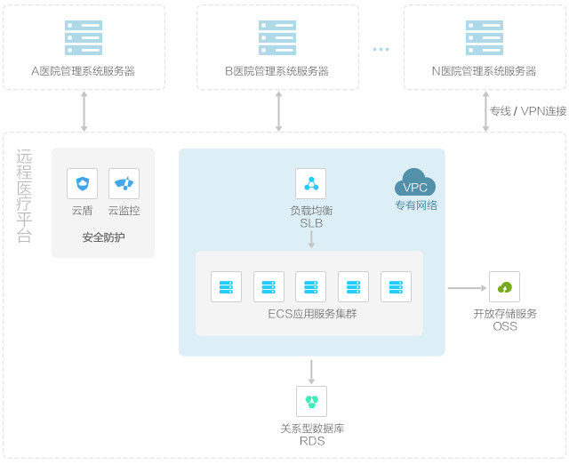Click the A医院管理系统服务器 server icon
[84, 37]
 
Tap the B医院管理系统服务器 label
[276, 71]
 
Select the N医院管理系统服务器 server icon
[485, 37]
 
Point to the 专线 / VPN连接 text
[528, 111]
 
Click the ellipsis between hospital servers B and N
[381, 49]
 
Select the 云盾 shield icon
[83, 183]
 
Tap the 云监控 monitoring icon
[124, 183]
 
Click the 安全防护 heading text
[103, 237]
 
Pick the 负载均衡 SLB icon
[311, 183]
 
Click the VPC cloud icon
[415, 182]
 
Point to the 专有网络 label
[416, 205]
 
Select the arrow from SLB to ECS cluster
[311, 239]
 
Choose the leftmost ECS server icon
[226, 287]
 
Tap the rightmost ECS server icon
[396, 287]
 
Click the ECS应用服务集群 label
[312, 314]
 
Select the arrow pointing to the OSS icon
[467, 288]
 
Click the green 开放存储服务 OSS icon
[504, 287]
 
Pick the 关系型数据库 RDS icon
[311, 401]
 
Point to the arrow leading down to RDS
[311, 372]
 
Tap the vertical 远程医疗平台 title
[24, 196]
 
